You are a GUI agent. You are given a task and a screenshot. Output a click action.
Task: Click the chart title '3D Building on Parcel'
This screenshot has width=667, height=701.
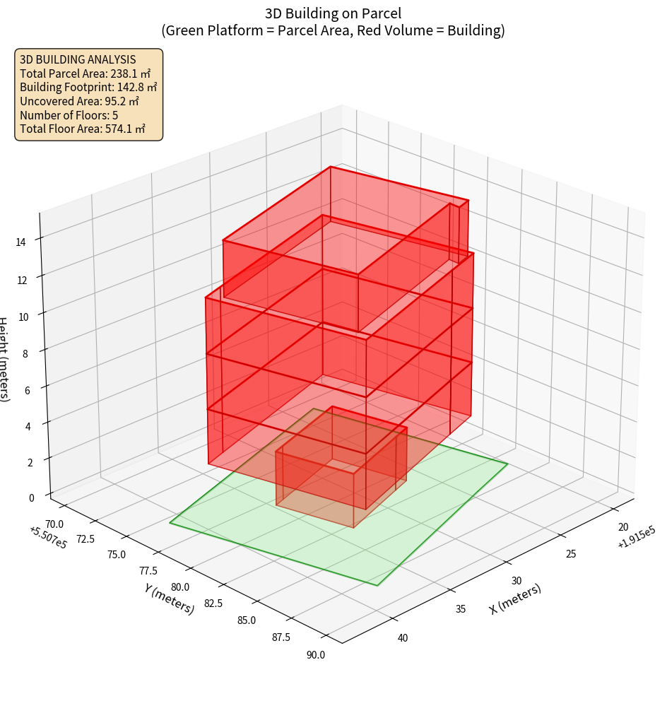(333, 13)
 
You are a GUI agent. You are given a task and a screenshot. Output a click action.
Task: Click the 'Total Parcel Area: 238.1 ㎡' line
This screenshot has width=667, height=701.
(85, 73)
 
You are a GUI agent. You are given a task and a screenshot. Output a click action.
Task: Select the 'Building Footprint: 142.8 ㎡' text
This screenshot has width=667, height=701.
(88, 87)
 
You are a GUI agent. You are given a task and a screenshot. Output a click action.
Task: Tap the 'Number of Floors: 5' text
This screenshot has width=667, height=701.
(69, 115)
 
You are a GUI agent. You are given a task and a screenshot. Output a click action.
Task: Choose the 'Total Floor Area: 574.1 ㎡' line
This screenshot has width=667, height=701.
(83, 129)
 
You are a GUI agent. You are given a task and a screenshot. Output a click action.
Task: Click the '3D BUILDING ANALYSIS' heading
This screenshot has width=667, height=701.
(78, 59)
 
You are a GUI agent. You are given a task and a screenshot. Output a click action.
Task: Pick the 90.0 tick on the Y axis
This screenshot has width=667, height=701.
(316, 654)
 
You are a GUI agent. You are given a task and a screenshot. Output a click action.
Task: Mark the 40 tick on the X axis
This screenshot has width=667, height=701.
(403, 638)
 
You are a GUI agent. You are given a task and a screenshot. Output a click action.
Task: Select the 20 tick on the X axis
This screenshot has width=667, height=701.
(623, 527)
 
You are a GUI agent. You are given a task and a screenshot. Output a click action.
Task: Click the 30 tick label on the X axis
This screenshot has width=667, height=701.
(517, 580)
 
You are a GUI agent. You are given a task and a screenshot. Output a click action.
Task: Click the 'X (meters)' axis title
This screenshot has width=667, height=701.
(515, 599)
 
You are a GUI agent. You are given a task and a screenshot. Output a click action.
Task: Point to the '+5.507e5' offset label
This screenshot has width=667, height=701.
(49, 538)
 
